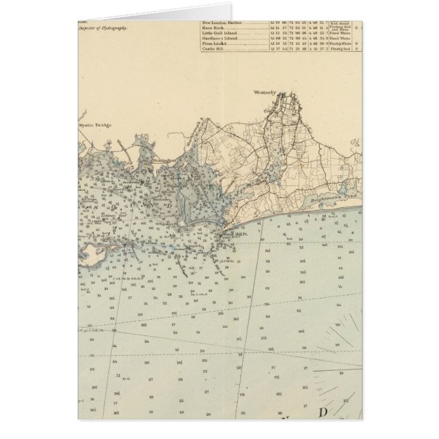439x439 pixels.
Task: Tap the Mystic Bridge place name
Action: pyautogui.click(x=93, y=125)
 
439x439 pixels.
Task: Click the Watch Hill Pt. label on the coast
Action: pyautogui.click(x=235, y=233)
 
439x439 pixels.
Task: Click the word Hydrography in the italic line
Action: pyautogui.click(x=114, y=29)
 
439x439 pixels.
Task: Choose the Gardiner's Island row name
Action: pyautogui.click(x=219, y=39)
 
